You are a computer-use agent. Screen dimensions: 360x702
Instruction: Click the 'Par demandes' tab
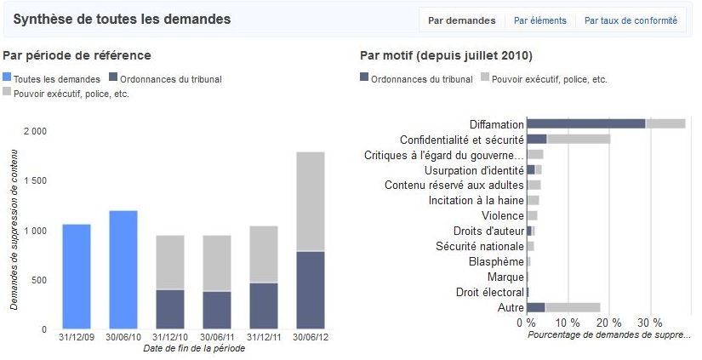(461, 20)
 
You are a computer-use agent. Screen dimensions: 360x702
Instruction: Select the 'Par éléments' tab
(539, 20)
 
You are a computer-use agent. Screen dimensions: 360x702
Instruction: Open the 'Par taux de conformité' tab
(631, 20)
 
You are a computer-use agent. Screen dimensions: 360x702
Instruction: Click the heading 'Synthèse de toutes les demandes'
(122, 19)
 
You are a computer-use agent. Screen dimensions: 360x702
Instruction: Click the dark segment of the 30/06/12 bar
(311, 290)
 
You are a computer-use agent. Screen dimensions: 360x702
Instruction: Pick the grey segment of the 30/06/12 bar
(311, 202)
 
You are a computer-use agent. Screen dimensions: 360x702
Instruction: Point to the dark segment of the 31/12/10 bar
(170, 309)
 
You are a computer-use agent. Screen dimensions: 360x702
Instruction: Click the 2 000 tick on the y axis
(35, 132)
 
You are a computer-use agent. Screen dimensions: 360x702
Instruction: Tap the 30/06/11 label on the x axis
(217, 337)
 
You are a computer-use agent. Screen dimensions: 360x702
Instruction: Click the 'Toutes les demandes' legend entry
(58, 79)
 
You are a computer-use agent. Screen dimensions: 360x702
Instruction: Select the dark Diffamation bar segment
(586, 123)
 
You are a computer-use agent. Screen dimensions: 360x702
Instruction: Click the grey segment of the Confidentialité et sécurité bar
(579, 139)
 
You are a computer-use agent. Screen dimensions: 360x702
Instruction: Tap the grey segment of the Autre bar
(573, 307)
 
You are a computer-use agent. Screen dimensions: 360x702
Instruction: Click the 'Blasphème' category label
(496, 261)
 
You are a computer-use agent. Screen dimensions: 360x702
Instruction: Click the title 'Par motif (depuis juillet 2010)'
(446, 55)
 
